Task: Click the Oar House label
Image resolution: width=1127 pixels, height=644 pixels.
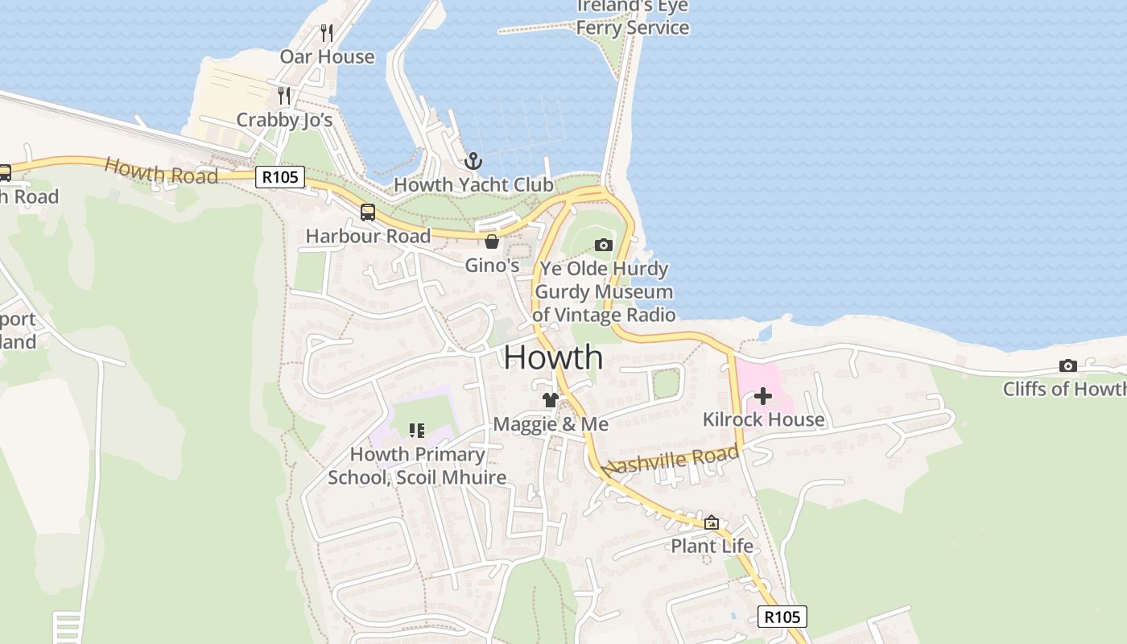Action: pos(327,56)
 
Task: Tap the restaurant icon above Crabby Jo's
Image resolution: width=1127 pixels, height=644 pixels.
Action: pos(283,96)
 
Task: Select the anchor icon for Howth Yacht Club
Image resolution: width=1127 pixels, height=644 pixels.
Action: pos(473,161)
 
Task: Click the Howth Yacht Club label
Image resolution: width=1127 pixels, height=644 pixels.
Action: pos(473,184)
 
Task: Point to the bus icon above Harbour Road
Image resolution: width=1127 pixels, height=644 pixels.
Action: pos(367,213)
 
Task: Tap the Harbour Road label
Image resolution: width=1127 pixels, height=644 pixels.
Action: pos(368,236)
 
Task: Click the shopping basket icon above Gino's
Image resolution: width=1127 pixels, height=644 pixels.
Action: pos(492,242)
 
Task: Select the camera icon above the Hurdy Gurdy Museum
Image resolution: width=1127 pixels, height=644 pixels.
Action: pos(603,245)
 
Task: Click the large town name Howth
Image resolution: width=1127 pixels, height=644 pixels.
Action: pos(553,357)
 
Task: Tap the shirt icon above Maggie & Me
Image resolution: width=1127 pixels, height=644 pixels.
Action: pos(550,400)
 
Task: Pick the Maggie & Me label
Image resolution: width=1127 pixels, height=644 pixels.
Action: pos(551,423)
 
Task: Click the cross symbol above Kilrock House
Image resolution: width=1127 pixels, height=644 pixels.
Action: pos(762,396)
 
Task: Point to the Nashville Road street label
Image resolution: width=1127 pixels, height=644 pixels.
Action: pos(671,460)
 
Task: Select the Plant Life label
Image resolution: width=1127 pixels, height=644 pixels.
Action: pos(712,546)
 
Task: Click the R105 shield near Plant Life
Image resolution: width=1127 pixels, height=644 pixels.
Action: pos(782,617)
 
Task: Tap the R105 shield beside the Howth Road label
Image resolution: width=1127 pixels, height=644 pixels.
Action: pos(280,177)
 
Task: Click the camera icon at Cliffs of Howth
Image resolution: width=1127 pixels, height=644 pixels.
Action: pos(1068,365)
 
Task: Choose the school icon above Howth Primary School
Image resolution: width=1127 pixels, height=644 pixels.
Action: pos(416,431)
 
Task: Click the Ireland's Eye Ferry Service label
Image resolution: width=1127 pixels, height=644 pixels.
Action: pos(633,18)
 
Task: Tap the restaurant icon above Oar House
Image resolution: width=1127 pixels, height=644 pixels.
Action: pos(326,32)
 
